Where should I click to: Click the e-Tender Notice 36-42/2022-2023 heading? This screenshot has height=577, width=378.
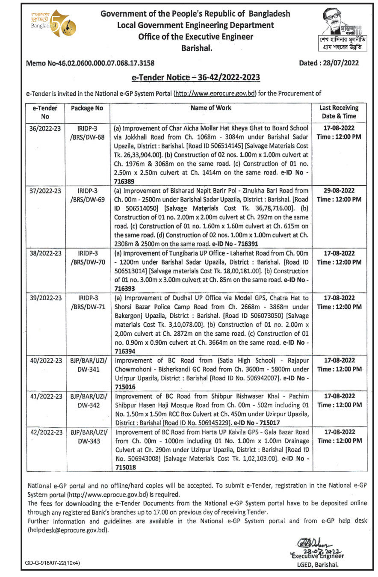[196, 77]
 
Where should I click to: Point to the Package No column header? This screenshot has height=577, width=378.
[87, 108]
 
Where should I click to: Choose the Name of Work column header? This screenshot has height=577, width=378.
[211, 108]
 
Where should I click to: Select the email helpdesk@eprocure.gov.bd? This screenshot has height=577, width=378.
[68, 530]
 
